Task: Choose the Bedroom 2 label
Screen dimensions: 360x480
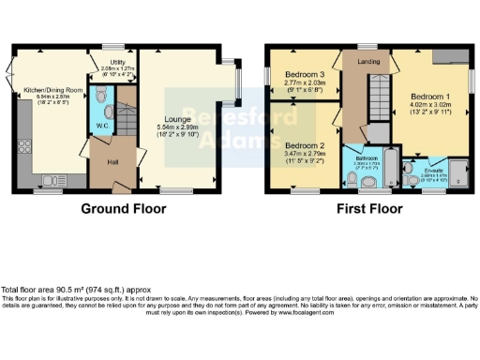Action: [306, 146]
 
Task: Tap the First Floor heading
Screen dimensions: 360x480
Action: [371, 209]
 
